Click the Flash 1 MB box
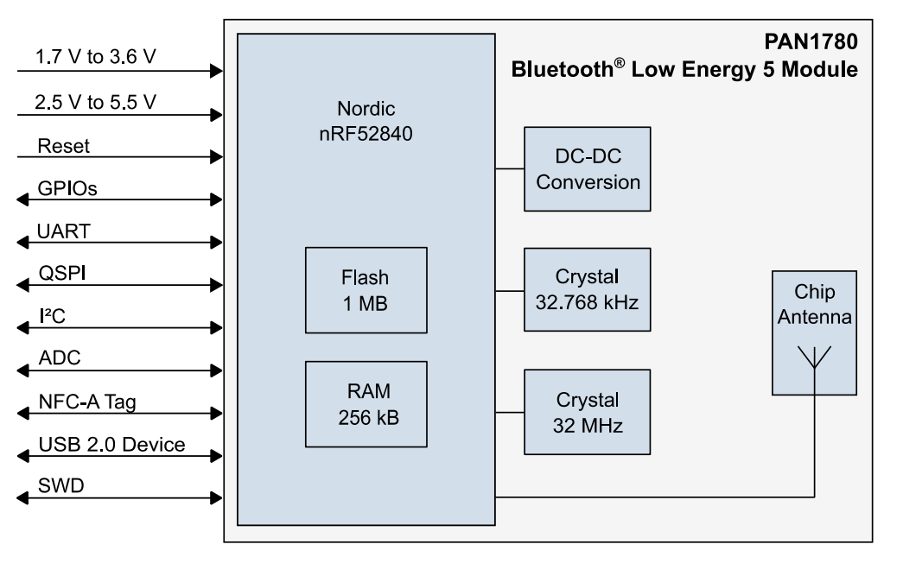click(x=366, y=290)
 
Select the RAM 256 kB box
click(x=366, y=404)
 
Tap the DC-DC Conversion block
click(x=587, y=169)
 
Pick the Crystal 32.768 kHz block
click(x=587, y=290)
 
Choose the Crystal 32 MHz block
click(x=587, y=412)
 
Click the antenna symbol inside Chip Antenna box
click(x=813, y=357)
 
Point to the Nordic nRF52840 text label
click(x=366, y=123)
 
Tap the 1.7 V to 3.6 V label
click(x=96, y=58)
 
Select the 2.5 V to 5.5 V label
click(x=96, y=103)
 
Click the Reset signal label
click(x=64, y=146)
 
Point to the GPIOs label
click(x=67, y=187)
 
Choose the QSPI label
click(x=61, y=273)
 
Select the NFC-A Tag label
click(x=86, y=402)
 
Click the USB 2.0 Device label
click(x=111, y=445)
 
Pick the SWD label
click(x=60, y=487)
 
